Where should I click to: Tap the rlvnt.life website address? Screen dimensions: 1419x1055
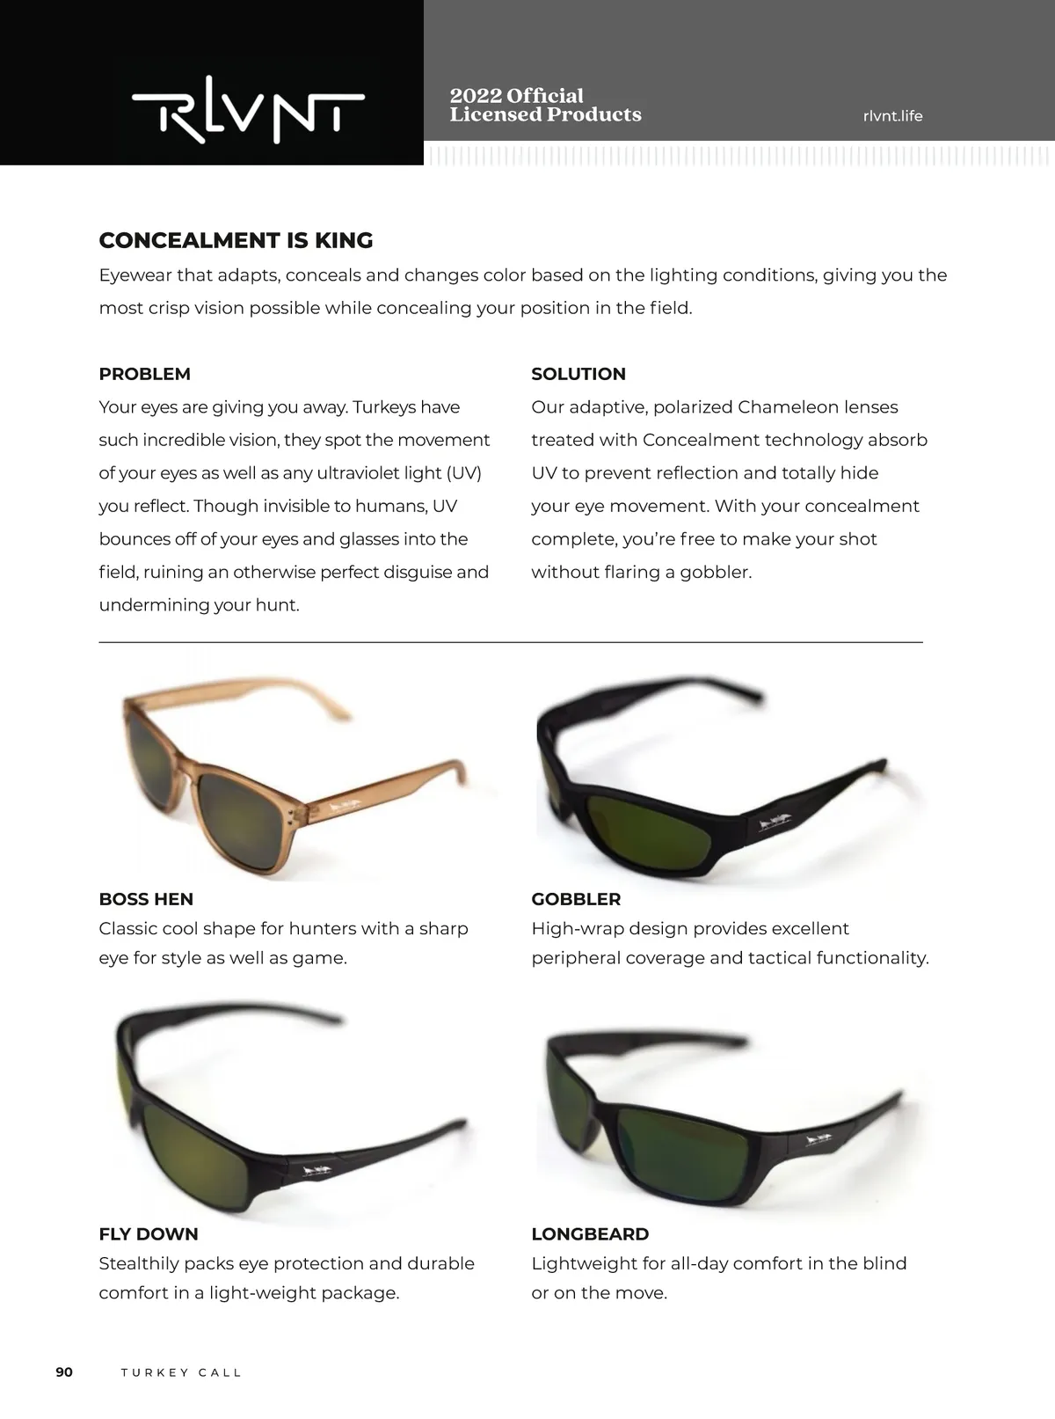[x=892, y=116]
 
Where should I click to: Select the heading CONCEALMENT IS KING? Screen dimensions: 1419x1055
[x=236, y=240]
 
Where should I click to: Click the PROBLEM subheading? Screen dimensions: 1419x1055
[x=144, y=374]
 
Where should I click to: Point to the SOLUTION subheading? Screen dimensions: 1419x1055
[x=578, y=374]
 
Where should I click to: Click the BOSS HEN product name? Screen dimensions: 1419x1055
[x=146, y=899]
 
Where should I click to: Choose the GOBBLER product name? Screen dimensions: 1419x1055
[x=576, y=899]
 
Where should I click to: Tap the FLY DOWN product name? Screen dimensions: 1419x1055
[x=148, y=1234]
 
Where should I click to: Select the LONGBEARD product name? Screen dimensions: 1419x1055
[x=590, y=1234]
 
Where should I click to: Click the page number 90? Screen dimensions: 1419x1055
[x=64, y=1372]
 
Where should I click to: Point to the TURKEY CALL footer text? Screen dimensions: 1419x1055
[x=181, y=1373]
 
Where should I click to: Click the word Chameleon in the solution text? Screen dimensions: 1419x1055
[x=788, y=407]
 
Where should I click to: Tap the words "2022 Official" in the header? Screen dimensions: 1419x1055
[x=516, y=96]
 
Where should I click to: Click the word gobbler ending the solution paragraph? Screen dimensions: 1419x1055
[x=719, y=573]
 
